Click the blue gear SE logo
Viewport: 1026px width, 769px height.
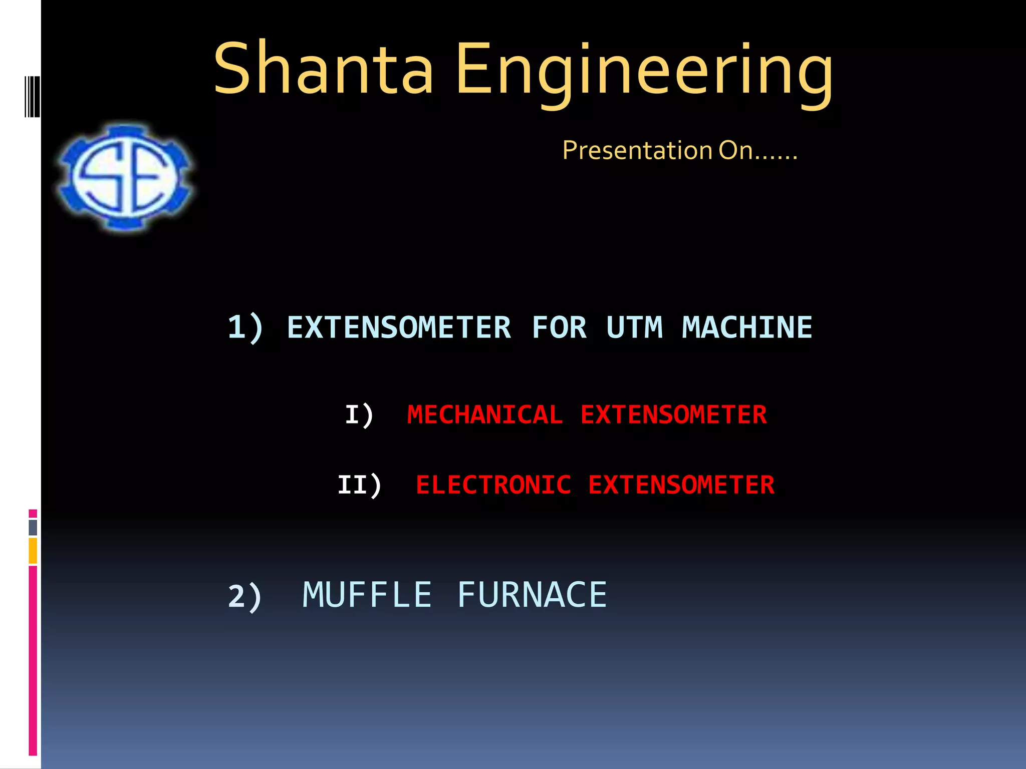125,178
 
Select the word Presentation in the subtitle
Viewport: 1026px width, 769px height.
637,150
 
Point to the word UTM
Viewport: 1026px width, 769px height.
634,328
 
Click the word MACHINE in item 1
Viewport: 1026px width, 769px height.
746,328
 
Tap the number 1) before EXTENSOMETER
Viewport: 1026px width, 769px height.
245,328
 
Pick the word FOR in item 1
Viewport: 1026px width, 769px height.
559,328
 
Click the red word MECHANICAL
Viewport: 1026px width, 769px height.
484,415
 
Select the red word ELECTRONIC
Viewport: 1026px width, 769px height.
493,485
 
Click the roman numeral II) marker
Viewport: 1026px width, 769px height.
359,485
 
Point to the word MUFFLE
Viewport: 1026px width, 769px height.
367,595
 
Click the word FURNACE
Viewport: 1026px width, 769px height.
532,595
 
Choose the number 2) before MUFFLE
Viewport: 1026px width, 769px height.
244,596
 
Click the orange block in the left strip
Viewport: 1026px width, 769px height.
33,550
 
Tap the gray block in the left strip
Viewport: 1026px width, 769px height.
33,527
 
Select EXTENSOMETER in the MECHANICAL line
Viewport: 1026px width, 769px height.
673,415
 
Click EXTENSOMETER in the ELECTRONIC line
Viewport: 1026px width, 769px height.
681,485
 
